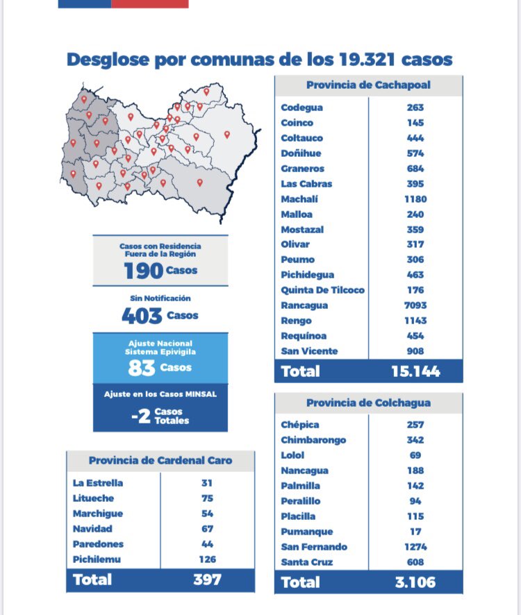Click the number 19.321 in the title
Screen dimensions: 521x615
click(367, 60)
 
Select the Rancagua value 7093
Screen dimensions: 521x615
click(415, 305)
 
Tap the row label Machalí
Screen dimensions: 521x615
click(299, 199)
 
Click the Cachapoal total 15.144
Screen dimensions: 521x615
click(416, 371)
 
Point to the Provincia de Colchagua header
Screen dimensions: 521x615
click(368, 403)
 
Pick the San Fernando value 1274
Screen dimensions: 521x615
click(415, 547)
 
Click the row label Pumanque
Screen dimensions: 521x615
click(306, 532)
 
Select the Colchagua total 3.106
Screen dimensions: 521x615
click(415, 582)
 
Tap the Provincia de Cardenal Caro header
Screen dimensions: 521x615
click(160, 460)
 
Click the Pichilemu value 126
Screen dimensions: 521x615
click(207, 559)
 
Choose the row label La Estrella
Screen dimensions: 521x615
click(98, 483)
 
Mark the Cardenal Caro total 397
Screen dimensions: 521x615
click(207, 580)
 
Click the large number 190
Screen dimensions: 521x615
click(143, 271)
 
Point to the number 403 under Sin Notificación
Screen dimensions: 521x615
click(142, 316)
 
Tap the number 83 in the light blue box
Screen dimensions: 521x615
click(142, 368)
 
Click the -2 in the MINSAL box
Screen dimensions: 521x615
click(141, 416)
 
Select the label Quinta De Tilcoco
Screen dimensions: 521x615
click(323, 290)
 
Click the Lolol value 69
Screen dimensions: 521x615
click(415, 455)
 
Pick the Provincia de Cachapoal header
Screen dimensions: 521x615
click(368, 85)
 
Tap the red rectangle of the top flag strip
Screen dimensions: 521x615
click(150, 4)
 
